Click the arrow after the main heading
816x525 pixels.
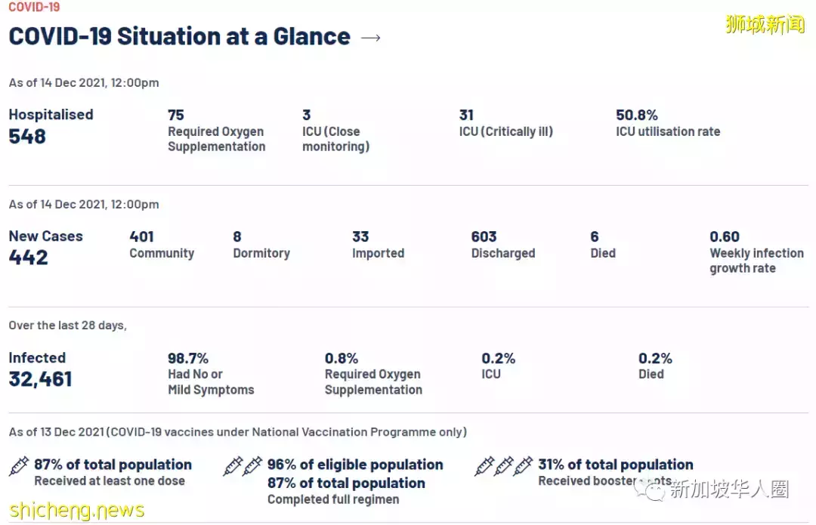[x=371, y=38]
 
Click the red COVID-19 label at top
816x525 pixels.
[x=34, y=8]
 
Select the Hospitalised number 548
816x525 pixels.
[x=27, y=137]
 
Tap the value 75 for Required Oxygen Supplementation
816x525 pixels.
[x=176, y=115]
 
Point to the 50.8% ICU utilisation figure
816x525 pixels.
[x=637, y=115]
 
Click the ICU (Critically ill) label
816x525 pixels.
[x=505, y=131]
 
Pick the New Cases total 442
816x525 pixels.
[x=28, y=258]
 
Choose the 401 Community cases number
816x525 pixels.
[x=141, y=236]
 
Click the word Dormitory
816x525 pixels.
[x=261, y=253]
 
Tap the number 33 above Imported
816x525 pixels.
[x=360, y=236]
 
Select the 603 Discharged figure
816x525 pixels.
[x=484, y=236]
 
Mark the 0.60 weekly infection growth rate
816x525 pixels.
[x=725, y=236]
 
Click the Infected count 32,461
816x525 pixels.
[x=40, y=379]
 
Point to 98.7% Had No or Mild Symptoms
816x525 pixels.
[x=188, y=358]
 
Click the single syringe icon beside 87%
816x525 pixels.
[x=19, y=466]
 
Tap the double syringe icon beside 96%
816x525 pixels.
[x=243, y=466]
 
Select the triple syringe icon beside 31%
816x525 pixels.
[x=503, y=466]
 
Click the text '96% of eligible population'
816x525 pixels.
[x=355, y=465]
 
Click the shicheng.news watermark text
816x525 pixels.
[x=76, y=511]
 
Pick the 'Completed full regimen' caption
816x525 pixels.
[x=333, y=499]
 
